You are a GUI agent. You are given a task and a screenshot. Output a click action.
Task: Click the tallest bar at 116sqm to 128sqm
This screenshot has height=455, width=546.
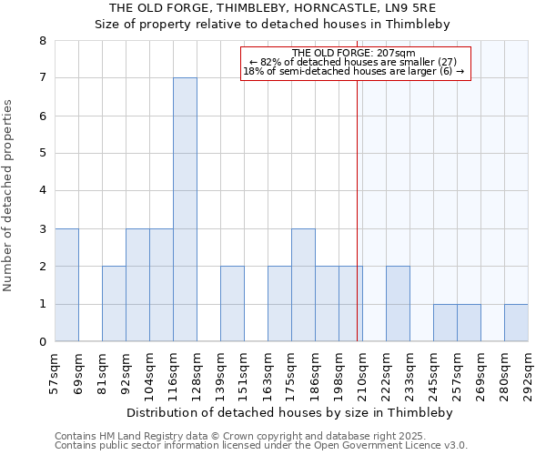pyautogui.click(x=185, y=209)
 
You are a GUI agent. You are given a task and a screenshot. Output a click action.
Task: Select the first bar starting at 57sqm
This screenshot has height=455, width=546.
pyautogui.click(x=66, y=285)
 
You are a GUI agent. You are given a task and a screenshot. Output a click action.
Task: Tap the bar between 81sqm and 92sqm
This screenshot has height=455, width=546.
pyautogui.click(x=114, y=304)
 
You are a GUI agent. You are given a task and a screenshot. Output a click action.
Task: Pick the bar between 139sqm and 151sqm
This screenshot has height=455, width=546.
pyautogui.click(x=232, y=304)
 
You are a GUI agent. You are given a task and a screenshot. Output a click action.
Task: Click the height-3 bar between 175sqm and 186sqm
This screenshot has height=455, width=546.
pyautogui.click(x=303, y=285)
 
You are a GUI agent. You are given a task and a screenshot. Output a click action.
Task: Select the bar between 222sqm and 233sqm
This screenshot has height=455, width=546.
pyautogui.click(x=398, y=304)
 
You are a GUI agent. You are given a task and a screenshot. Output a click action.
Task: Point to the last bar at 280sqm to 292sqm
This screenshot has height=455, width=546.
pyautogui.click(x=516, y=323)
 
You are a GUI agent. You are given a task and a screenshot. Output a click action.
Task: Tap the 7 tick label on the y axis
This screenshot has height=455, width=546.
pyautogui.click(x=42, y=78)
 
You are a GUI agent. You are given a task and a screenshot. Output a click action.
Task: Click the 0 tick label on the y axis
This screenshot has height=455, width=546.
pyautogui.click(x=42, y=342)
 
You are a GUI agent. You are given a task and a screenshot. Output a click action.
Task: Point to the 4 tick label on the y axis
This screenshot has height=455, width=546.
pyautogui.click(x=42, y=191)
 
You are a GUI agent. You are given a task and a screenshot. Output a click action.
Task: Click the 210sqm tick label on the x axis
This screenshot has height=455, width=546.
pyautogui.click(x=362, y=371)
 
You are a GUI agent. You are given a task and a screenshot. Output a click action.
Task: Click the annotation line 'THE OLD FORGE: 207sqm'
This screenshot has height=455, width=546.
pyautogui.click(x=354, y=53)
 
